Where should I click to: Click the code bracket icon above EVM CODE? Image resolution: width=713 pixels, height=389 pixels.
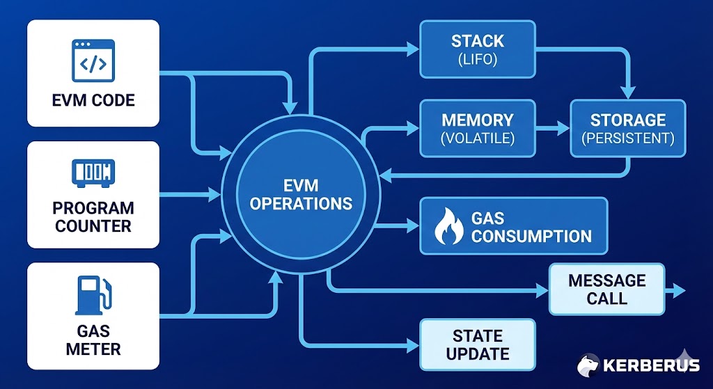(93, 61)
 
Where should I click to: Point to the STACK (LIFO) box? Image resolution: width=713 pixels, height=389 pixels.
(477, 48)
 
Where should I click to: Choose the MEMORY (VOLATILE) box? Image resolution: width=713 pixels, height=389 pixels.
(477, 127)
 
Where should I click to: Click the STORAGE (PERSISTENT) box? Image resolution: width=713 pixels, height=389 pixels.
(627, 127)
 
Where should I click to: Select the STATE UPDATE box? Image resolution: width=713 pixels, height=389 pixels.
(477, 344)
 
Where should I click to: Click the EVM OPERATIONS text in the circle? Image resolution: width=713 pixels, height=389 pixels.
(301, 194)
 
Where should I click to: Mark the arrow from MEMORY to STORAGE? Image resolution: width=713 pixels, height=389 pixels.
(554, 128)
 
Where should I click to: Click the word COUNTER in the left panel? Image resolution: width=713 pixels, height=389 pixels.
(93, 226)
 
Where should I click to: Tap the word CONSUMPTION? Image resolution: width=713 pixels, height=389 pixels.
(531, 235)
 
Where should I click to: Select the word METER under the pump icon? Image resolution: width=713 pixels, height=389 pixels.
(93, 348)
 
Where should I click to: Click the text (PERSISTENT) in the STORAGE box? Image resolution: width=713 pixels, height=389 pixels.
(627, 138)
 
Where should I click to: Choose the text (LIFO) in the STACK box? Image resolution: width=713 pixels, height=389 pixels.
(477, 59)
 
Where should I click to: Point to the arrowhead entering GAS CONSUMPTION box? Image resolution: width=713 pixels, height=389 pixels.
(412, 225)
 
